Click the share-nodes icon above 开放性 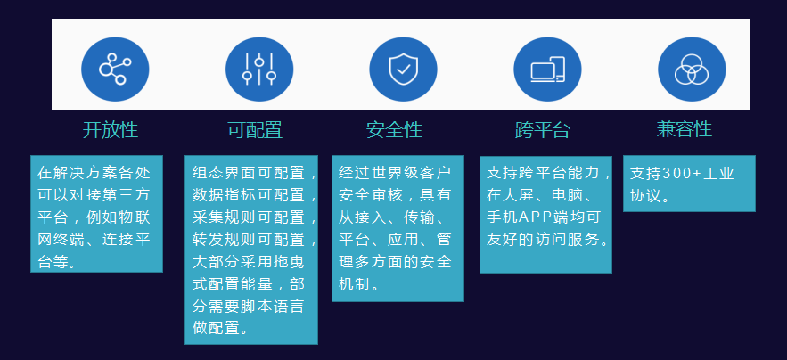pos(114,69)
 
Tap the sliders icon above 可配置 pos(258,69)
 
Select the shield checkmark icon pos(403,69)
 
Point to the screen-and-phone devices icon pos(547,69)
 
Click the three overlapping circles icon pos(692,69)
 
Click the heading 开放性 pos(111,130)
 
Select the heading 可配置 pos(255,130)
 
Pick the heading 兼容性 pos(685,129)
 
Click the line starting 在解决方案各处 pos(97,172)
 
